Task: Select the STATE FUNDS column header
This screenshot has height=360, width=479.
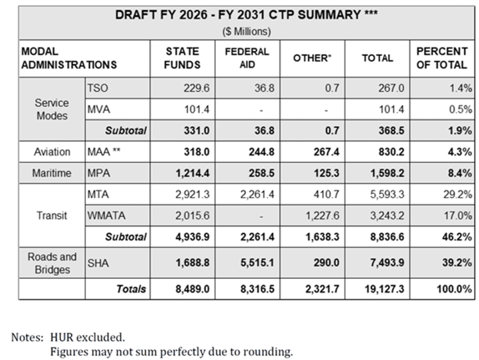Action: tap(182, 58)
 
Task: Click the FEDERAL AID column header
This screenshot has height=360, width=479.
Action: tap(247, 58)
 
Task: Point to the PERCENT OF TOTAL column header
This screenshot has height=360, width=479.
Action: tap(441, 58)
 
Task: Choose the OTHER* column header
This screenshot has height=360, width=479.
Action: tap(312, 59)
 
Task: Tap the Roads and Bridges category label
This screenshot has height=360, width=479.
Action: tap(52, 263)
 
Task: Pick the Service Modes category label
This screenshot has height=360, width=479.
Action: tap(52, 109)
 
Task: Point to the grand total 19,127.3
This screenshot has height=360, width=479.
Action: tap(384, 289)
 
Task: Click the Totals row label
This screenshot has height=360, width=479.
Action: tap(131, 289)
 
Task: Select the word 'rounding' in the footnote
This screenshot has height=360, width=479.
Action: tap(271, 351)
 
